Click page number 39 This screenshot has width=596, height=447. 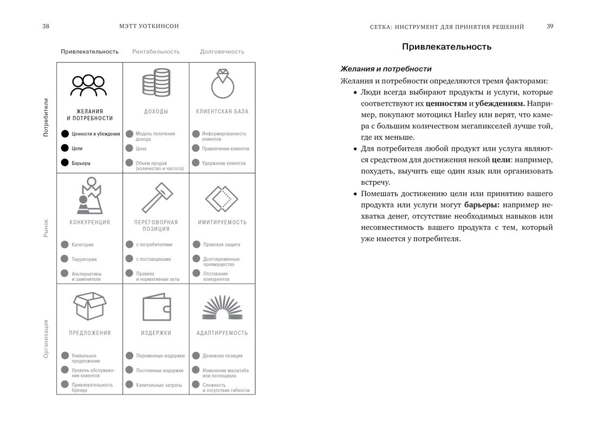[549, 27]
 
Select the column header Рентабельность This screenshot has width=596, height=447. [156, 51]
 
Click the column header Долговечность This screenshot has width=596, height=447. [222, 51]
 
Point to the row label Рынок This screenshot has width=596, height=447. [46, 228]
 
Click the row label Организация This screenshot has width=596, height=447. [46, 339]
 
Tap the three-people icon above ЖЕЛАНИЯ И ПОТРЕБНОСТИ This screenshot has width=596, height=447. [89, 85]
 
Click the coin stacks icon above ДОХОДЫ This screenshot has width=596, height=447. [156, 83]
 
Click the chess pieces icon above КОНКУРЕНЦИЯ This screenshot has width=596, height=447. [89, 196]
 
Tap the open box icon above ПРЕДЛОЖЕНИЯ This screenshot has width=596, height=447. [89, 307]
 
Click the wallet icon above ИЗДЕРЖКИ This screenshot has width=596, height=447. [156, 308]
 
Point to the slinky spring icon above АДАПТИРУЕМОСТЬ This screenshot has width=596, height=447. [222, 308]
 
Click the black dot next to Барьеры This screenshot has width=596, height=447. [65, 163]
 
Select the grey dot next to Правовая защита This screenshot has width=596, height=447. [196, 244]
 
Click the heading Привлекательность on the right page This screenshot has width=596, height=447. [446, 47]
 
